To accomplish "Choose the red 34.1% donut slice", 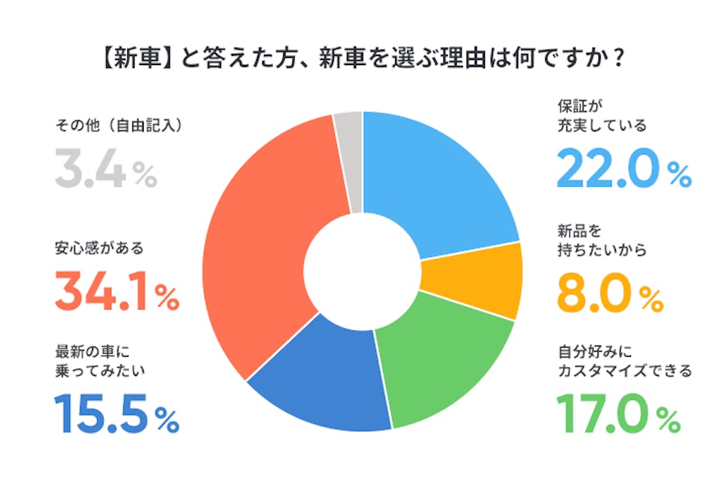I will (262, 241).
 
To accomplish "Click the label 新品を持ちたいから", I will (602, 241).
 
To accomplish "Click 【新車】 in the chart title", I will (136, 58).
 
